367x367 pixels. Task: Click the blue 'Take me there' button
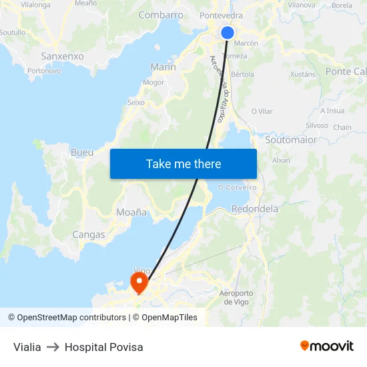[x=183, y=163]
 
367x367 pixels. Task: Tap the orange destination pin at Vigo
[x=139, y=282]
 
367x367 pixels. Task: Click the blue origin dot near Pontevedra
[x=227, y=32]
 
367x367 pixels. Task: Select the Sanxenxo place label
[x=62, y=56]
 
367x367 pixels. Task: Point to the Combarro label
[x=160, y=15]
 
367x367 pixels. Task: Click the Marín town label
[x=163, y=67]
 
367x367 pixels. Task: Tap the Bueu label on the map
[x=82, y=152]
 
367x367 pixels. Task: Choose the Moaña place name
[x=131, y=212]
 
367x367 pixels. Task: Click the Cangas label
[x=89, y=234]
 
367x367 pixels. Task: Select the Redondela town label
[x=254, y=209]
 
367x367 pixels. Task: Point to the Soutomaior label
[x=291, y=140]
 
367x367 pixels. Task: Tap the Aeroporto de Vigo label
[x=236, y=298]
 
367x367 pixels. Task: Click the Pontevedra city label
[x=221, y=15]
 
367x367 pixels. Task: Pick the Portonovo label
[x=44, y=70]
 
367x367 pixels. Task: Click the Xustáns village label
[x=304, y=74]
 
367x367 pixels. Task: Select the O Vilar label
[x=262, y=111]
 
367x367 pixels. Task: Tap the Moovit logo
[x=327, y=346]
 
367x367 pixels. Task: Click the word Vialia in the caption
[x=27, y=347]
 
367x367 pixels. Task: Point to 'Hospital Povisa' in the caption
[x=103, y=347]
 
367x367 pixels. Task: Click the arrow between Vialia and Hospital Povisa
[x=53, y=347]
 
